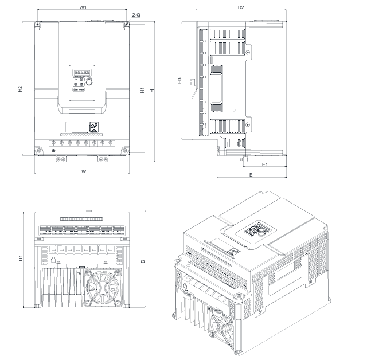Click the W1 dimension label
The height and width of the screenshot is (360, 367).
coord(83,7)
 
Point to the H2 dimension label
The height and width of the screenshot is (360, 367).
coord(20,89)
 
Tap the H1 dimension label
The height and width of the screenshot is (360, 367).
coord(142,91)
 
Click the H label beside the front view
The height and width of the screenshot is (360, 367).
coord(151,91)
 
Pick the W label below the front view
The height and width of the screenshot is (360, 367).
coord(84,171)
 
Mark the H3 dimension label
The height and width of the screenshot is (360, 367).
coord(179,81)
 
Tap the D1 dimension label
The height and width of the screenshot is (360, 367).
coord(20,259)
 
